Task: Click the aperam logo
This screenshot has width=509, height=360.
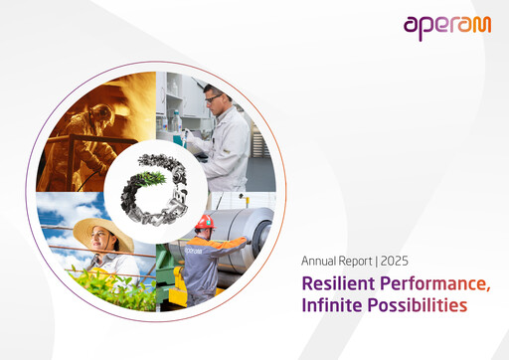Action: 446,26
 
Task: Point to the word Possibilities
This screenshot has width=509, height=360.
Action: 418,306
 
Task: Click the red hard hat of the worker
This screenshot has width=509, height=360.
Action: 205,222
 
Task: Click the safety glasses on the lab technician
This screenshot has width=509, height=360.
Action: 214,96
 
